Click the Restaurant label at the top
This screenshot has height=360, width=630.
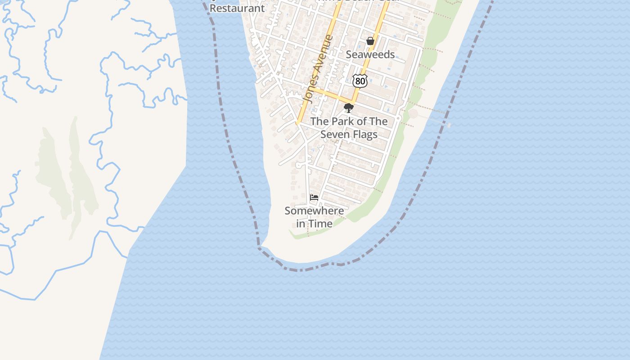(x=237, y=8)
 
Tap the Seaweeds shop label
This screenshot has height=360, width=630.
(x=370, y=54)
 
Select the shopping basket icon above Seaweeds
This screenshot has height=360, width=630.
(x=370, y=41)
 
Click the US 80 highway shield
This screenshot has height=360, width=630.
(x=360, y=81)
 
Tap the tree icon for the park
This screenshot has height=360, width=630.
(x=348, y=108)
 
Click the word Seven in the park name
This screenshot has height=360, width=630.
(x=335, y=134)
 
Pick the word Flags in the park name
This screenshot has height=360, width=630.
(x=364, y=134)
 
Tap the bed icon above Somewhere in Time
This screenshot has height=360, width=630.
(x=314, y=197)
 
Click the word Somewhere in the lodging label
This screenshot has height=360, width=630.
(x=314, y=211)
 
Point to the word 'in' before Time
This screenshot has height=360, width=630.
(x=301, y=223)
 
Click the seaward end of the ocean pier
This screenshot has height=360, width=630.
(x=449, y=125)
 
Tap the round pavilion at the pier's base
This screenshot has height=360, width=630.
(x=413, y=114)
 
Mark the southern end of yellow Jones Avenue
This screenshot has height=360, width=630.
(x=298, y=122)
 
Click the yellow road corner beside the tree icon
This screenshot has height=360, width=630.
(x=352, y=101)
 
